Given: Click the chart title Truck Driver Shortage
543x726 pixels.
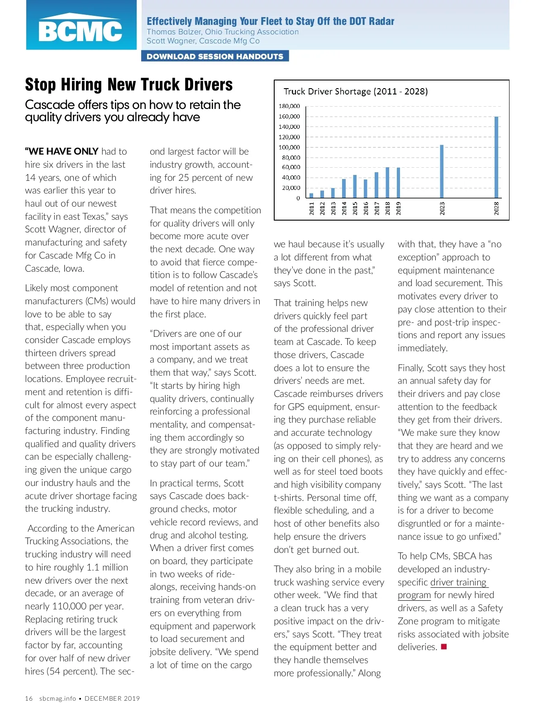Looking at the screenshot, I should click(355, 91).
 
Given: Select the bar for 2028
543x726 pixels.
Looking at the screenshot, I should click(496, 157).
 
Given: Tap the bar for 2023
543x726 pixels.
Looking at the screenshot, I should click(442, 171).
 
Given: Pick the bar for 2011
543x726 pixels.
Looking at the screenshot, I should click(311, 195).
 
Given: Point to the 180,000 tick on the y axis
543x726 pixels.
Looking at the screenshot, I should click(289, 106).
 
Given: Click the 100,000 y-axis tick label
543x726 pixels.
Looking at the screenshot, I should click(289, 147).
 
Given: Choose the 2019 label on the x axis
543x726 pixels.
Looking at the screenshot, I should click(399, 208).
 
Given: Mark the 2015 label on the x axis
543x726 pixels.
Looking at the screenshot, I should click(355, 208).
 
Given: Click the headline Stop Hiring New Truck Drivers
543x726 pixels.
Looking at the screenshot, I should click(129, 85).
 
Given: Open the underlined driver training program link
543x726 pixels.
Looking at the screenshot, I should click(458, 582).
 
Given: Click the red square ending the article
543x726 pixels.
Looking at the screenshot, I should click(444, 647).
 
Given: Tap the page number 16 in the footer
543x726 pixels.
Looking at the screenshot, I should click(29, 698).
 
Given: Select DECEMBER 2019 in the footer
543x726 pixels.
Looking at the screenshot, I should click(112, 698).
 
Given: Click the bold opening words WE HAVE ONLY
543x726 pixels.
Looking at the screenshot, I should click(62, 151).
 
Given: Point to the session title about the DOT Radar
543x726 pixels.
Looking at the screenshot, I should click(270, 21).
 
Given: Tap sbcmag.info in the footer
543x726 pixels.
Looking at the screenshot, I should click(57, 698).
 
